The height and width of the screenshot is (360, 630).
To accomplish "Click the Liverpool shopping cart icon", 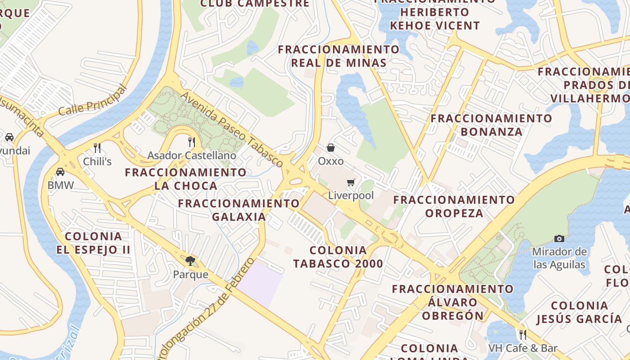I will tap(351, 183).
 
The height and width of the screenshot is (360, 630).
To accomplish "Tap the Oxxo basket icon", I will tap(331, 148).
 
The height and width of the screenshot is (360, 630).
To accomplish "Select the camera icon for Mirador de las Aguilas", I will tap(559, 238).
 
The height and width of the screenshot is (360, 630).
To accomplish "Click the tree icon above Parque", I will tap(190, 261).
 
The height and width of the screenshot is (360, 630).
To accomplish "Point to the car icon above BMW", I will tap(60, 171).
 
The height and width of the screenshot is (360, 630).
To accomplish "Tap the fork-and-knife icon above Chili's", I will tap(97, 148).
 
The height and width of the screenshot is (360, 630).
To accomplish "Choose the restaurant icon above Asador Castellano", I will tap(192, 142).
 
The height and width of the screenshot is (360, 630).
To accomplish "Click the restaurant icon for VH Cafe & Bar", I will tap(522, 335).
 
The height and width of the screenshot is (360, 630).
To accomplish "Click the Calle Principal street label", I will tap(93, 101).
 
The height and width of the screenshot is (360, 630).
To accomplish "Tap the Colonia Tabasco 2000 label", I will tap(338, 257).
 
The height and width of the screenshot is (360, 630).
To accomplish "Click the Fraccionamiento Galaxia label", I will tap(239, 210).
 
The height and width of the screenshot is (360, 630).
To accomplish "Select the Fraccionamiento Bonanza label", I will tap(491, 125).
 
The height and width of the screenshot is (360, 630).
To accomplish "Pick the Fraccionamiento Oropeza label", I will tap(454, 206).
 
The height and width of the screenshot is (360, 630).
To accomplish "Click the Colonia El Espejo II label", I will tap(93, 243).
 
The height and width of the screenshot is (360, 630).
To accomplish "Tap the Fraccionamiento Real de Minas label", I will tap(338, 56).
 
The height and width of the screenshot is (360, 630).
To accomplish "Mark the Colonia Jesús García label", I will tap(579, 312).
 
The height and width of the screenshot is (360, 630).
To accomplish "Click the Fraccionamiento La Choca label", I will tap(185, 179).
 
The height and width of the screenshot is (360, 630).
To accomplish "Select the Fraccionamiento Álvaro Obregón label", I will tap(453, 302).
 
